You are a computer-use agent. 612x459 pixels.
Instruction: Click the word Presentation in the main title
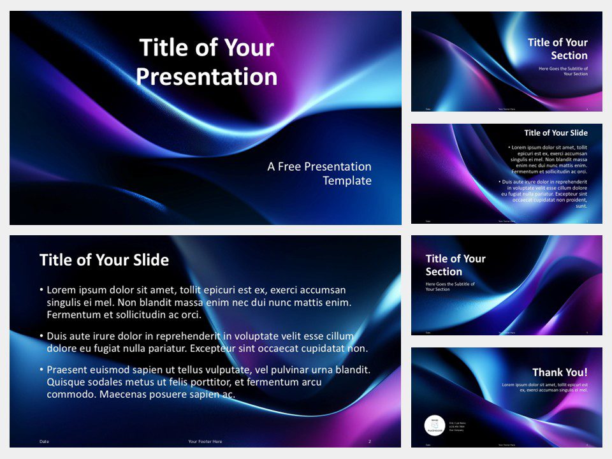tap(207, 77)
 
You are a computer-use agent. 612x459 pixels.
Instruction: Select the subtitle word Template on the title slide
tap(347, 181)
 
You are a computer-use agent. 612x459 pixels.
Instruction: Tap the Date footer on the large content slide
tap(44, 441)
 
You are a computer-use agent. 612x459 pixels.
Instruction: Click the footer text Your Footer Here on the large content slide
tap(205, 441)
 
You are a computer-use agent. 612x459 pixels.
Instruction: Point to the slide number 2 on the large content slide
tap(370, 441)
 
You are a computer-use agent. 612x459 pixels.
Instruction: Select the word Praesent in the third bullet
tap(68, 370)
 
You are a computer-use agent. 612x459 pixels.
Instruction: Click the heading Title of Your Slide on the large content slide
tap(104, 259)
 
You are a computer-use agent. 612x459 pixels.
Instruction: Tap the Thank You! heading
tap(560, 372)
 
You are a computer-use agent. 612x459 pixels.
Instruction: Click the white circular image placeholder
tap(435, 426)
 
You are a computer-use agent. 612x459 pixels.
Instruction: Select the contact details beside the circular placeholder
tap(458, 426)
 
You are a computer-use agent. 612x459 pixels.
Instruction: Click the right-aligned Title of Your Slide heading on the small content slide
tap(556, 133)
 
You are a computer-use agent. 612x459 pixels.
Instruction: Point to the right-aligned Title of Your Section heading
tap(557, 49)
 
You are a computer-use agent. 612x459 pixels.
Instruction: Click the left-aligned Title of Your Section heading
tap(455, 265)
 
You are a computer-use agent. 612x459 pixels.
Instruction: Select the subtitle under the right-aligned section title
tap(563, 71)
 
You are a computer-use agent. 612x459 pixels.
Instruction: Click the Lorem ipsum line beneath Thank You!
tap(544, 387)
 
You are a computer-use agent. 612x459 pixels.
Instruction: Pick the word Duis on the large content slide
tap(58, 336)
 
